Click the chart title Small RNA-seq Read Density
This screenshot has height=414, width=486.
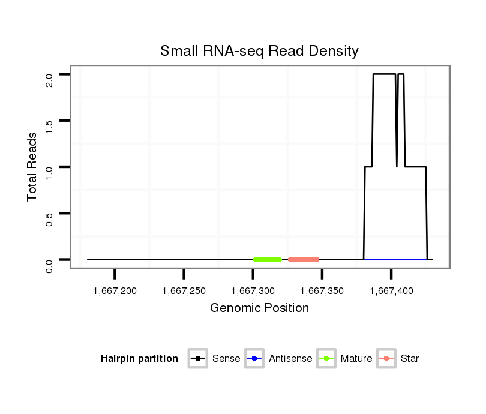coord(259,51)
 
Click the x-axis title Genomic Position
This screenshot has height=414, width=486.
coord(259,308)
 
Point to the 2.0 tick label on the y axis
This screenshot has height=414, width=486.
coord(49,79)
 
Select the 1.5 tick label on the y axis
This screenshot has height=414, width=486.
coord(49,125)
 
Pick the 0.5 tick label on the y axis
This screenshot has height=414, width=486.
coord(49,218)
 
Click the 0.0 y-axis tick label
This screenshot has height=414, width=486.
coord(49,265)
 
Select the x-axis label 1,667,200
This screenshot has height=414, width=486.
coord(115,291)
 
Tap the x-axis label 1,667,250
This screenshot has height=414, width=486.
coord(184,291)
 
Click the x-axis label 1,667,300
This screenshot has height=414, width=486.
coord(253,291)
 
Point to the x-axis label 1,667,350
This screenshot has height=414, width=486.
coord(322,291)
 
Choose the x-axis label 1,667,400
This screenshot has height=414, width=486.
coord(391,291)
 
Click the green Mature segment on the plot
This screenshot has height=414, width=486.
coord(268,260)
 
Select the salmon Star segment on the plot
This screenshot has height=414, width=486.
coord(303,260)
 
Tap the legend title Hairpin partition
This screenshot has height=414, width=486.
coord(139,359)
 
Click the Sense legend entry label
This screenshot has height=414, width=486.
coord(226,359)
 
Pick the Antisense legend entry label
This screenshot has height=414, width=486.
coord(290,359)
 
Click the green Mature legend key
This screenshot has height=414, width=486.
coord(326,359)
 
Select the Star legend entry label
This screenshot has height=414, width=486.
coord(410,359)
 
